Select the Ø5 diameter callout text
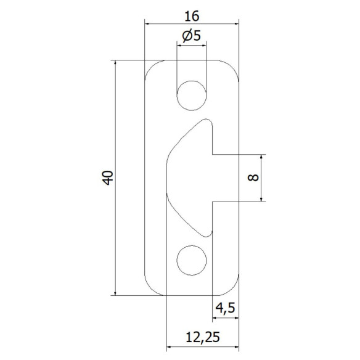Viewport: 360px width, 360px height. [x=190, y=36]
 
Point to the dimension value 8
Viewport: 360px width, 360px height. [x=251, y=178]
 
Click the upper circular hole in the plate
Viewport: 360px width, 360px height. [x=191, y=94]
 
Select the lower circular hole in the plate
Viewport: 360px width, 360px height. [x=191, y=260]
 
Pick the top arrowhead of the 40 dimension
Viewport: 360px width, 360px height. [x=115, y=64]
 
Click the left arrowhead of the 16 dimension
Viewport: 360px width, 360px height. [x=148, y=24]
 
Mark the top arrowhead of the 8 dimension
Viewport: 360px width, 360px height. [x=263, y=157]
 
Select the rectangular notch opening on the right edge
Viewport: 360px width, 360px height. [x=226, y=178]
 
